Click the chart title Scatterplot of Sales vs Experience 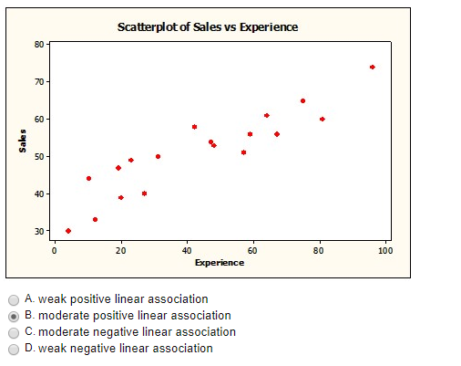click(x=208, y=26)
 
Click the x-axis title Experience click(x=219, y=263)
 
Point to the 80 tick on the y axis click(x=40, y=44)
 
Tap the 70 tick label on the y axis click(x=40, y=82)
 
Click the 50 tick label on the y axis click(x=40, y=157)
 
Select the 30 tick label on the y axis click(x=40, y=232)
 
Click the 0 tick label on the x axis click(x=54, y=249)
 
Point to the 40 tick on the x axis click(x=187, y=249)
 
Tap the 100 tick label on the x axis click(x=384, y=249)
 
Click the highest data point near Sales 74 click(x=373, y=67)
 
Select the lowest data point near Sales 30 click(x=68, y=231)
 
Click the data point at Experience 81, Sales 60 click(x=323, y=119)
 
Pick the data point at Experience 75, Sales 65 click(x=302, y=100)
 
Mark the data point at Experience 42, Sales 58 click(x=194, y=127)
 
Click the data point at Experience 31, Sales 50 click(x=158, y=156)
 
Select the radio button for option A click(x=14, y=299)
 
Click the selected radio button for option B click(x=14, y=316)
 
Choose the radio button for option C click(x=14, y=332)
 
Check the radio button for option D click(x=14, y=349)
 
